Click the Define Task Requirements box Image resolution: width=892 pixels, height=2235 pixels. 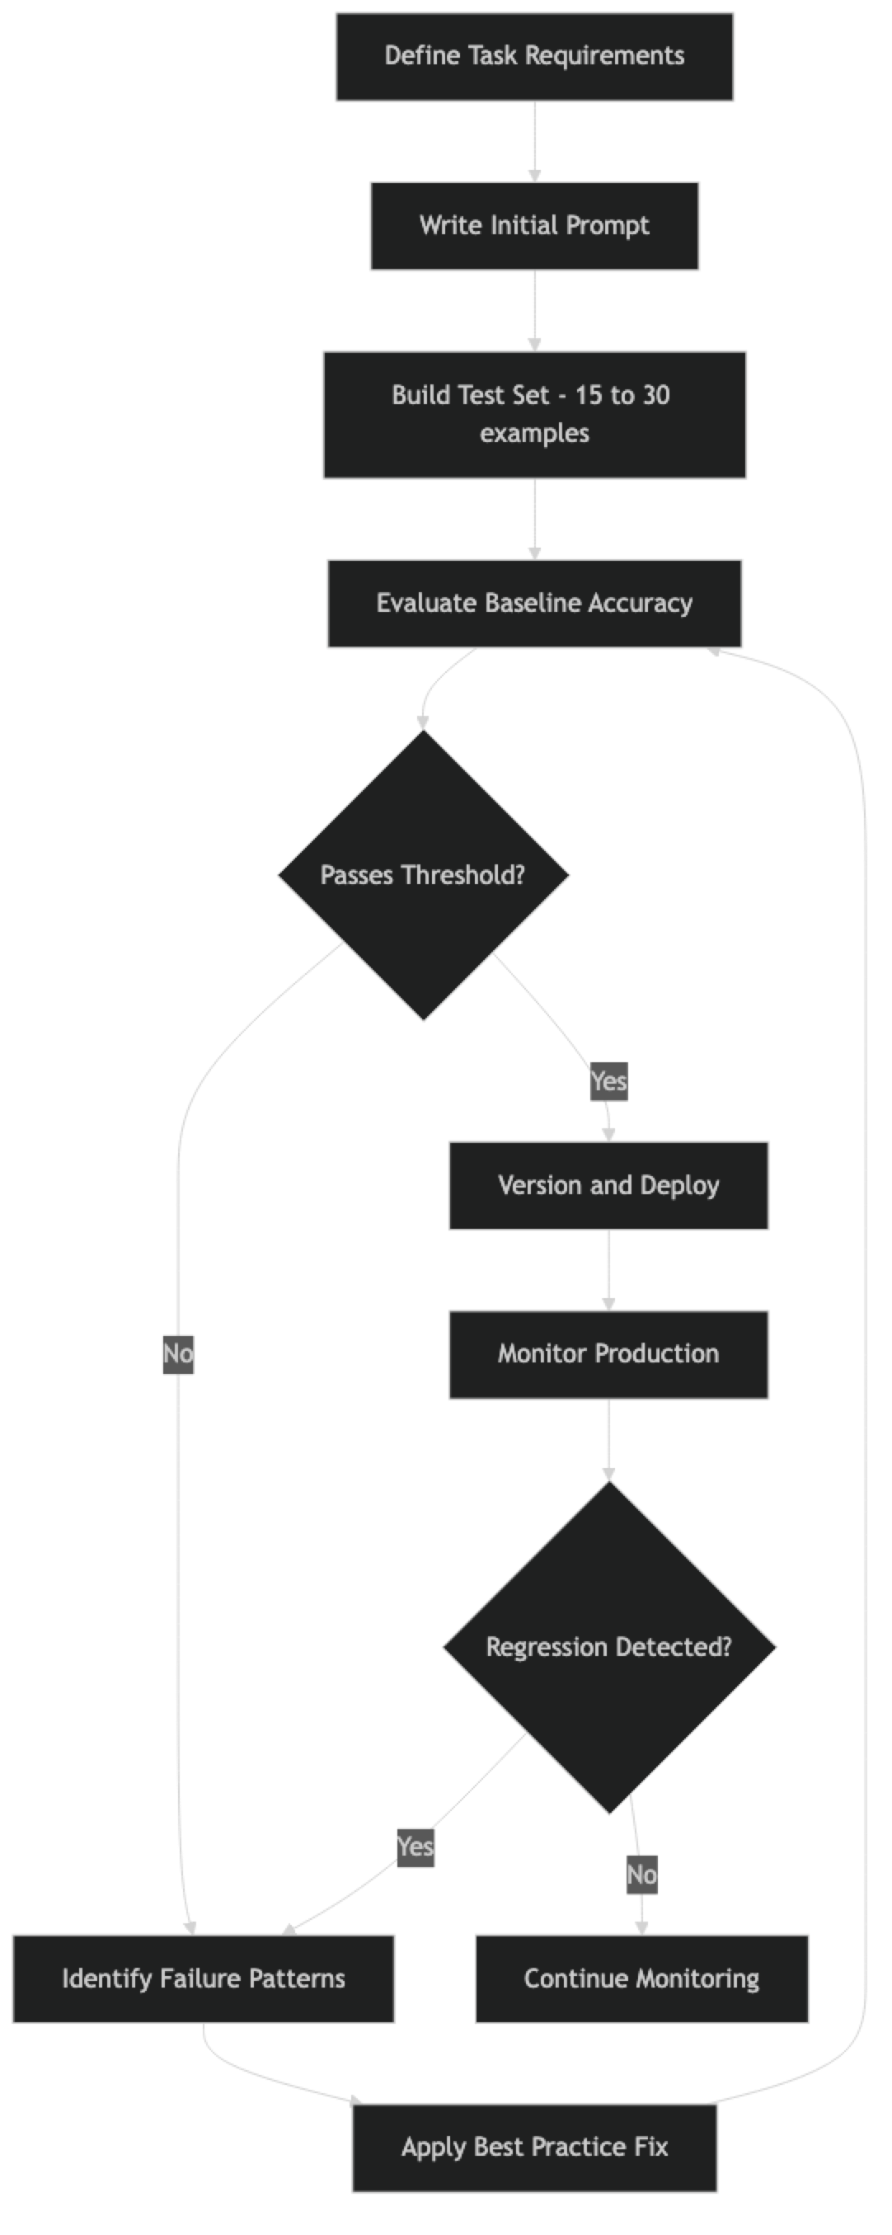(x=534, y=56)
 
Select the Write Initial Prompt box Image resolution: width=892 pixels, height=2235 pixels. (x=534, y=227)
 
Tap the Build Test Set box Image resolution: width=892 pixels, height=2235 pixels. (x=534, y=415)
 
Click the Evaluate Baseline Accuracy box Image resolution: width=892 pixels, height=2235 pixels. (x=534, y=604)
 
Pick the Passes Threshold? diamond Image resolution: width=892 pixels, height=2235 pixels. (x=424, y=875)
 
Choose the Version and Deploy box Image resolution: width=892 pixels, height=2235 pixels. (x=608, y=1186)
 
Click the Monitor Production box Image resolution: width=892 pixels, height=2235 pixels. (x=608, y=1354)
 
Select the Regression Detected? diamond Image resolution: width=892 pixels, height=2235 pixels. (x=608, y=1648)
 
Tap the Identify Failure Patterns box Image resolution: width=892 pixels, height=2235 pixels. (x=203, y=1979)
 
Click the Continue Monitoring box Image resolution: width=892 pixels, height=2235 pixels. (x=641, y=1979)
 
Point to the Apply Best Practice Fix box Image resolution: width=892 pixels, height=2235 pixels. (x=534, y=2148)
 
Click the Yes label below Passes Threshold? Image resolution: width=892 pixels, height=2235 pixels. (x=608, y=1082)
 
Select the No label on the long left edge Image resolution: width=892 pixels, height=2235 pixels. (x=178, y=1354)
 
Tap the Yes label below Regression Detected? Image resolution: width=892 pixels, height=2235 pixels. (x=415, y=1847)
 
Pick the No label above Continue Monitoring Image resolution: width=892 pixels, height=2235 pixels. (x=641, y=1875)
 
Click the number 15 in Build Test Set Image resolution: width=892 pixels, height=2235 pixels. (x=588, y=396)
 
